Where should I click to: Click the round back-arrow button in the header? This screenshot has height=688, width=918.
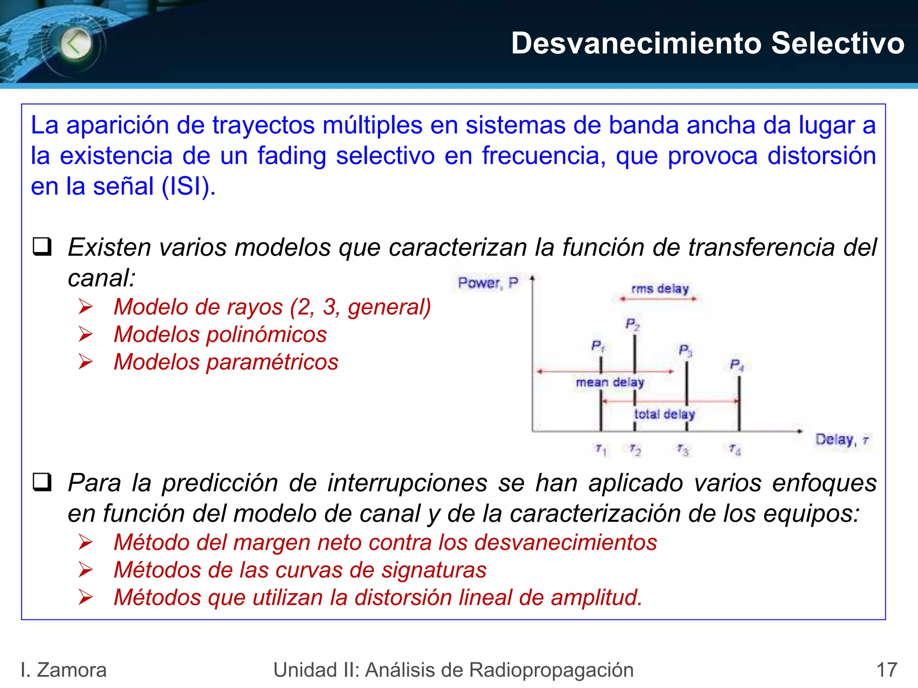[76, 44]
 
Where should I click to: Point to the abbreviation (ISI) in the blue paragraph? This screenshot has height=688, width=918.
[188, 186]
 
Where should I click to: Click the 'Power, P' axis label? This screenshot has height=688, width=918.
[488, 283]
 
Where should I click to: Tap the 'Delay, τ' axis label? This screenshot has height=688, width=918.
[842, 440]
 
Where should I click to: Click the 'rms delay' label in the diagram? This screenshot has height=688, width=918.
[659, 289]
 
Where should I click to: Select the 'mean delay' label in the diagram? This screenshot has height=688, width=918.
[610, 383]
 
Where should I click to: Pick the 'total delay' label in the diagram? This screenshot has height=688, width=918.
[664, 414]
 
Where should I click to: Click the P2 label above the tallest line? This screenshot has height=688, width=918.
[632, 324]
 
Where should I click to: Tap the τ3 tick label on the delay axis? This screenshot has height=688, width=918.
[683, 449]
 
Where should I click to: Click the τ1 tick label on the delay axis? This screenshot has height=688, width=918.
[601, 449]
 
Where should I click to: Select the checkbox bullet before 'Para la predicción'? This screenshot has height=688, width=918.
[42, 483]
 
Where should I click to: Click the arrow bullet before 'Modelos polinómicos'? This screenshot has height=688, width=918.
[85, 335]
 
